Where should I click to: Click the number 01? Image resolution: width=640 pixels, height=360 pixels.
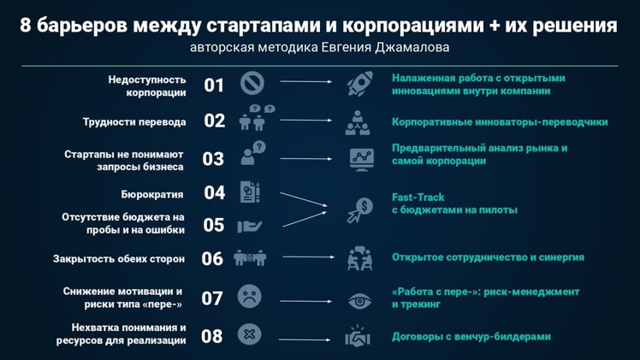[214, 86]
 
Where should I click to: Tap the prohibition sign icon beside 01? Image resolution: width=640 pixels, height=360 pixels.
[252, 83]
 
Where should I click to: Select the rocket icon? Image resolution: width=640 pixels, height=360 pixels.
[359, 84]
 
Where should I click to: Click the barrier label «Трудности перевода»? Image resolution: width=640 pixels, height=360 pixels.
[134, 122]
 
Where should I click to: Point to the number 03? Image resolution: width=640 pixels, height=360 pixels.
[213, 158]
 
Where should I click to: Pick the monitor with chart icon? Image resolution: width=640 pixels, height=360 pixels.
[361, 159]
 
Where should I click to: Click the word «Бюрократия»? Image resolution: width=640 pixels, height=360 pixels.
[151, 194]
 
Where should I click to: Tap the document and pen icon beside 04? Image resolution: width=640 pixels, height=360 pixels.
[250, 192]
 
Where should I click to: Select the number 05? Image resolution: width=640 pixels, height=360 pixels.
[213, 225]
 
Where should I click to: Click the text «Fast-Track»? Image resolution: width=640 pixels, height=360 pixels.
[418, 198]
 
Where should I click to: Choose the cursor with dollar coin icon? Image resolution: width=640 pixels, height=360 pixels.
[360, 210]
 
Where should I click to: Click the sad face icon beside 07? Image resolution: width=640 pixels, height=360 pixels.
[249, 297]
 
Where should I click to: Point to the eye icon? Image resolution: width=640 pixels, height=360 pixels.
[359, 302]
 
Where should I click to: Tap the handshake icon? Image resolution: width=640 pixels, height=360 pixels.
[358, 336]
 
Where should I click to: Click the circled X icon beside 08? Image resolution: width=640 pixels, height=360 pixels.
[249, 334]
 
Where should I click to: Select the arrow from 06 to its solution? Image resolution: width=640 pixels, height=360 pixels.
[309, 257]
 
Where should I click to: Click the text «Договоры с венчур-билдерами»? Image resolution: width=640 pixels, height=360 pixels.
[471, 337]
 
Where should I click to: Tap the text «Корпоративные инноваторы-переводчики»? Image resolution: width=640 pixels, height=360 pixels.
[500, 122]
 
